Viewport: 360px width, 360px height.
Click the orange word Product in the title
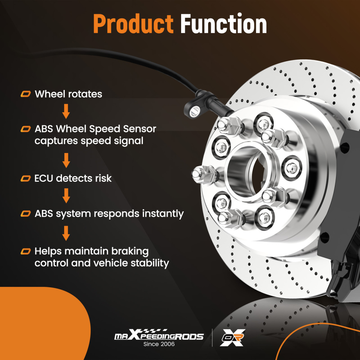pyautogui.click(x=133, y=24)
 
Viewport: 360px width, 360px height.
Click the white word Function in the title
pyautogui.click(x=224, y=24)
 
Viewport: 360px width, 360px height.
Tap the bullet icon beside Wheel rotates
pyautogui.click(x=26, y=94)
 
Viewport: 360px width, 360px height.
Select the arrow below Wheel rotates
pyautogui.click(x=66, y=111)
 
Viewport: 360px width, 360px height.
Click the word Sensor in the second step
pyautogui.click(x=139, y=129)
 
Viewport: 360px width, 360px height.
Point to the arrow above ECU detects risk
pyautogui.click(x=66, y=160)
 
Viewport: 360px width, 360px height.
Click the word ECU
pyautogui.click(x=44, y=179)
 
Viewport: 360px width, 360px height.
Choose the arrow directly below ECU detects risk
pyautogui.click(x=66, y=195)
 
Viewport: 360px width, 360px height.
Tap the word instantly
pyautogui.click(x=163, y=214)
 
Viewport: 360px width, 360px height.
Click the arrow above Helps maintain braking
pyautogui.click(x=66, y=233)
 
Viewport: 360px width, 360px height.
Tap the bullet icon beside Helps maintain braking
pyautogui.click(x=26, y=251)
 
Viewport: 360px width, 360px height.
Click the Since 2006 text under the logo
pyautogui.click(x=159, y=344)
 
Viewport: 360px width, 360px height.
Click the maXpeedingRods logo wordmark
pyautogui.click(x=159, y=335)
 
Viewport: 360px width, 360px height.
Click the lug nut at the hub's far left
pyautogui.click(x=204, y=175)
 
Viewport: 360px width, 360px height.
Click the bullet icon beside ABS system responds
pyautogui.click(x=26, y=213)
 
